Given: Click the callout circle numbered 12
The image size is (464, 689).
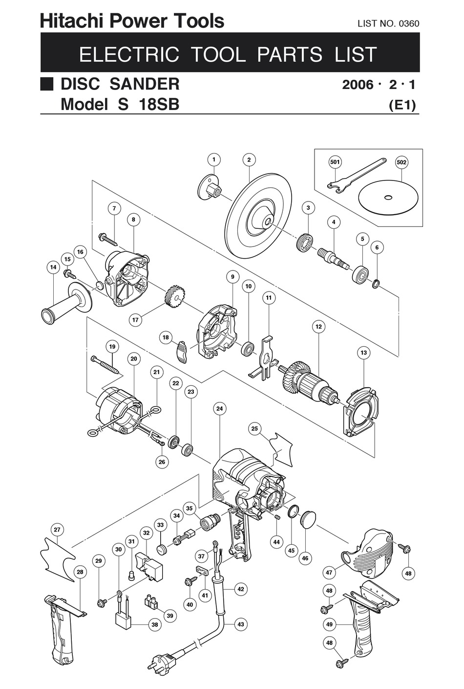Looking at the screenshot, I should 318,327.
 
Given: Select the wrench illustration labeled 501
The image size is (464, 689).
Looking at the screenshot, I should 351,178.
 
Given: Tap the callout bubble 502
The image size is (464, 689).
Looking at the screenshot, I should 401,162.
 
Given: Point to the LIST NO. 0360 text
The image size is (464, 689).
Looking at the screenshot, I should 388,23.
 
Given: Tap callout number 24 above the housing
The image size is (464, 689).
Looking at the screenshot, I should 219,408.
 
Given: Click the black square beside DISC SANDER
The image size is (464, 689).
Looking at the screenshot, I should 46,84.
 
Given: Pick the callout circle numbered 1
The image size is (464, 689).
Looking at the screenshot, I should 213,159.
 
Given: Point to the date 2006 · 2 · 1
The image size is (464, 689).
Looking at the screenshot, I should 379,85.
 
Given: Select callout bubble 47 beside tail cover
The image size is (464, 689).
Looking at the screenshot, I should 329,572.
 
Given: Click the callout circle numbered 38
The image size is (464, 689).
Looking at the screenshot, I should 155,624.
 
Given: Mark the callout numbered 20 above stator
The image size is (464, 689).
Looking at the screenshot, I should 134,358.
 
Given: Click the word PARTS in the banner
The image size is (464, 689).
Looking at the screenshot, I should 290,54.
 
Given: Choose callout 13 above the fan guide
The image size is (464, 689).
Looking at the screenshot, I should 363,353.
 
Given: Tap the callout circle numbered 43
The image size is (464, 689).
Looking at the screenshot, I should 240,624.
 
